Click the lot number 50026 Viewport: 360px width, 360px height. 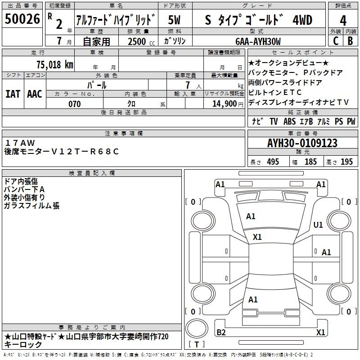[x=22, y=19]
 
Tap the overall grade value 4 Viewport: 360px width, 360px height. [x=343, y=21]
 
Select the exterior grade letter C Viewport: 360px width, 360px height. [x=336, y=41]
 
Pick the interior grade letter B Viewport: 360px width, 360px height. [x=350, y=41]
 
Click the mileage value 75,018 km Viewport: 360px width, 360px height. [x=55, y=65]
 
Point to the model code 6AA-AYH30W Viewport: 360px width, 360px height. [x=258, y=41]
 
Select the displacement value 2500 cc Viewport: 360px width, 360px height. [x=141, y=41]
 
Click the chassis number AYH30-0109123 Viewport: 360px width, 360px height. [x=302, y=143]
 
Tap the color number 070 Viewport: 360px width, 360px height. [x=75, y=104]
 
